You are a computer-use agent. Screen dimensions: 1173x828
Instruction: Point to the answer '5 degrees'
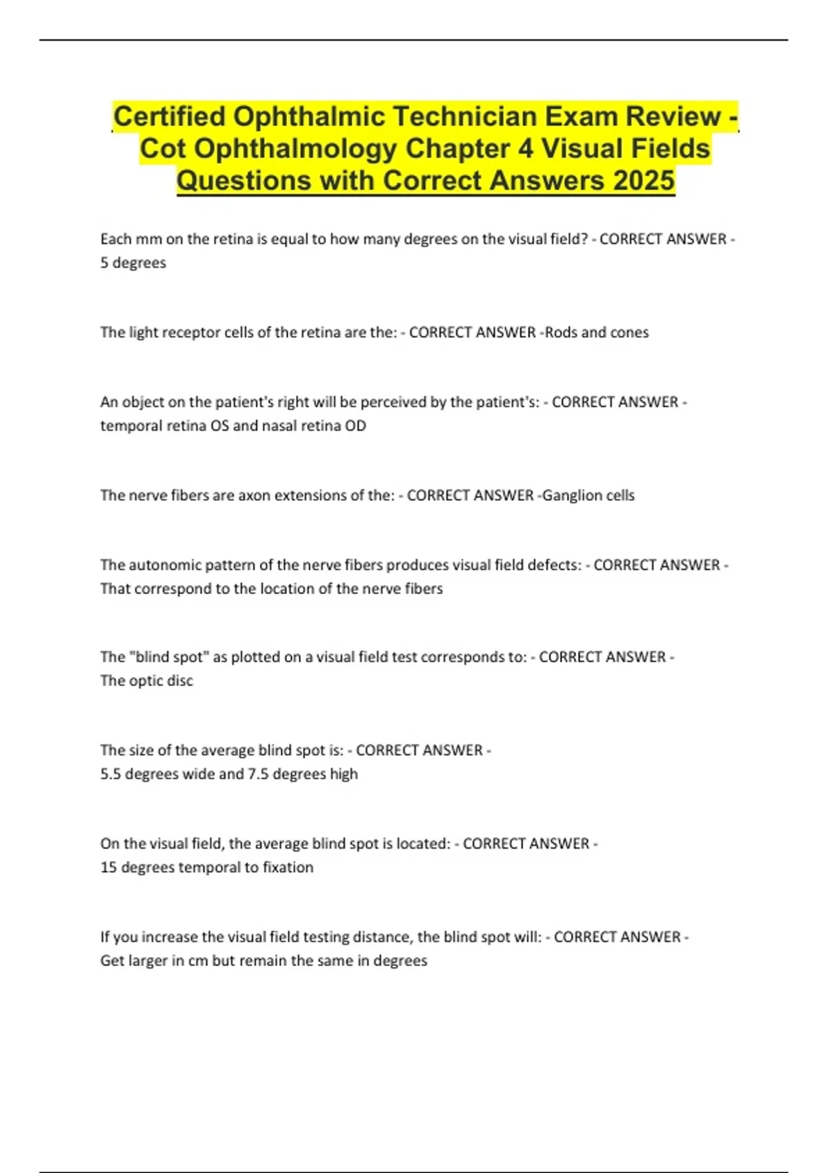click(133, 263)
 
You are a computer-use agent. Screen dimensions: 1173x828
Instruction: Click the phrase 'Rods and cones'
click(597, 333)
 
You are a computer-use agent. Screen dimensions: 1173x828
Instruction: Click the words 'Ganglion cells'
click(589, 495)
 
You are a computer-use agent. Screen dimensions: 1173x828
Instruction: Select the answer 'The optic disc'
click(146, 681)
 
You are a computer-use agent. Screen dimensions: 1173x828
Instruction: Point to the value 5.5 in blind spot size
click(110, 774)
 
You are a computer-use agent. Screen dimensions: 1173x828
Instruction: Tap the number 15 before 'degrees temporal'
click(108, 867)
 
